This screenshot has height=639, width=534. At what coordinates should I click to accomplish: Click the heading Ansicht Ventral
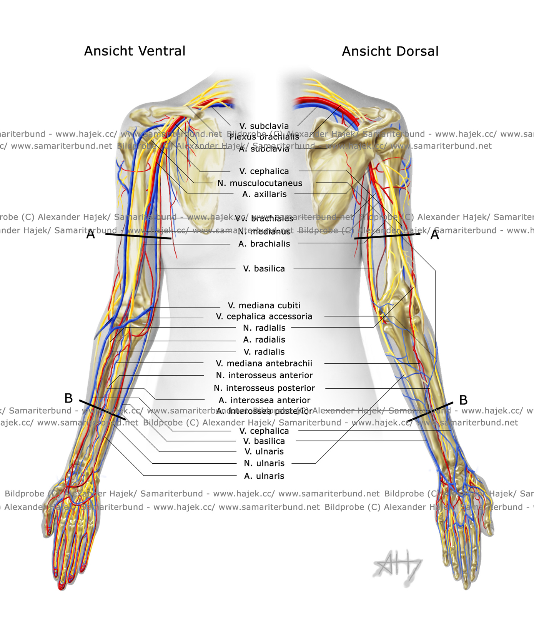(x=135, y=51)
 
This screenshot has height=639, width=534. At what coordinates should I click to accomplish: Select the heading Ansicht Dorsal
(x=390, y=52)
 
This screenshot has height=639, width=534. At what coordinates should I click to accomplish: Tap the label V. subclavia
(x=264, y=126)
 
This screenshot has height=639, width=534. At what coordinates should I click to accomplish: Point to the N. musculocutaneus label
(x=260, y=183)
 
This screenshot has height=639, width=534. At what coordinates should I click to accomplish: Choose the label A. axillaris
(x=264, y=195)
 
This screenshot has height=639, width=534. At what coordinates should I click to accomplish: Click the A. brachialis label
(x=264, y=244)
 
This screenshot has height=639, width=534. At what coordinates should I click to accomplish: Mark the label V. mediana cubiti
(x=264, y=306)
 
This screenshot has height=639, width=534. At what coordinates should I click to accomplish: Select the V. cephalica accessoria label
(x=264, y=316)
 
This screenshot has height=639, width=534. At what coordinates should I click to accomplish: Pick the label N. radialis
(x=264, y=328)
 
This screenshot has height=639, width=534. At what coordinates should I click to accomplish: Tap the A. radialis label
(x=264, y=340)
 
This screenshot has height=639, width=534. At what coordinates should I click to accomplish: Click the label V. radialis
(x=264, y=352)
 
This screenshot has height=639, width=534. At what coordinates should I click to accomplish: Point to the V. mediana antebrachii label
(x=264, y=363)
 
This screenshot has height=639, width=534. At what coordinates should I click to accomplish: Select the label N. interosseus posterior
(x=264, y=388)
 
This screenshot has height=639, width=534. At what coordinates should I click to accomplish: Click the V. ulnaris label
(x=264, y=452)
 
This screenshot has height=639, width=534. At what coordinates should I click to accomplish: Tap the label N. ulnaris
(x=264, y=464)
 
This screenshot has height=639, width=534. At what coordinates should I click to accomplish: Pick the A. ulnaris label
(x=264, y=476)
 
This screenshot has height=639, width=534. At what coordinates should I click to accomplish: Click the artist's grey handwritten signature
(x=398, y=567)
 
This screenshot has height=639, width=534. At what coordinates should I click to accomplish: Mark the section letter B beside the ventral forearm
(x=68, y=398)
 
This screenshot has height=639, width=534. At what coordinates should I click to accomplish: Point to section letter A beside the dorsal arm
(x=434, y=235)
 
